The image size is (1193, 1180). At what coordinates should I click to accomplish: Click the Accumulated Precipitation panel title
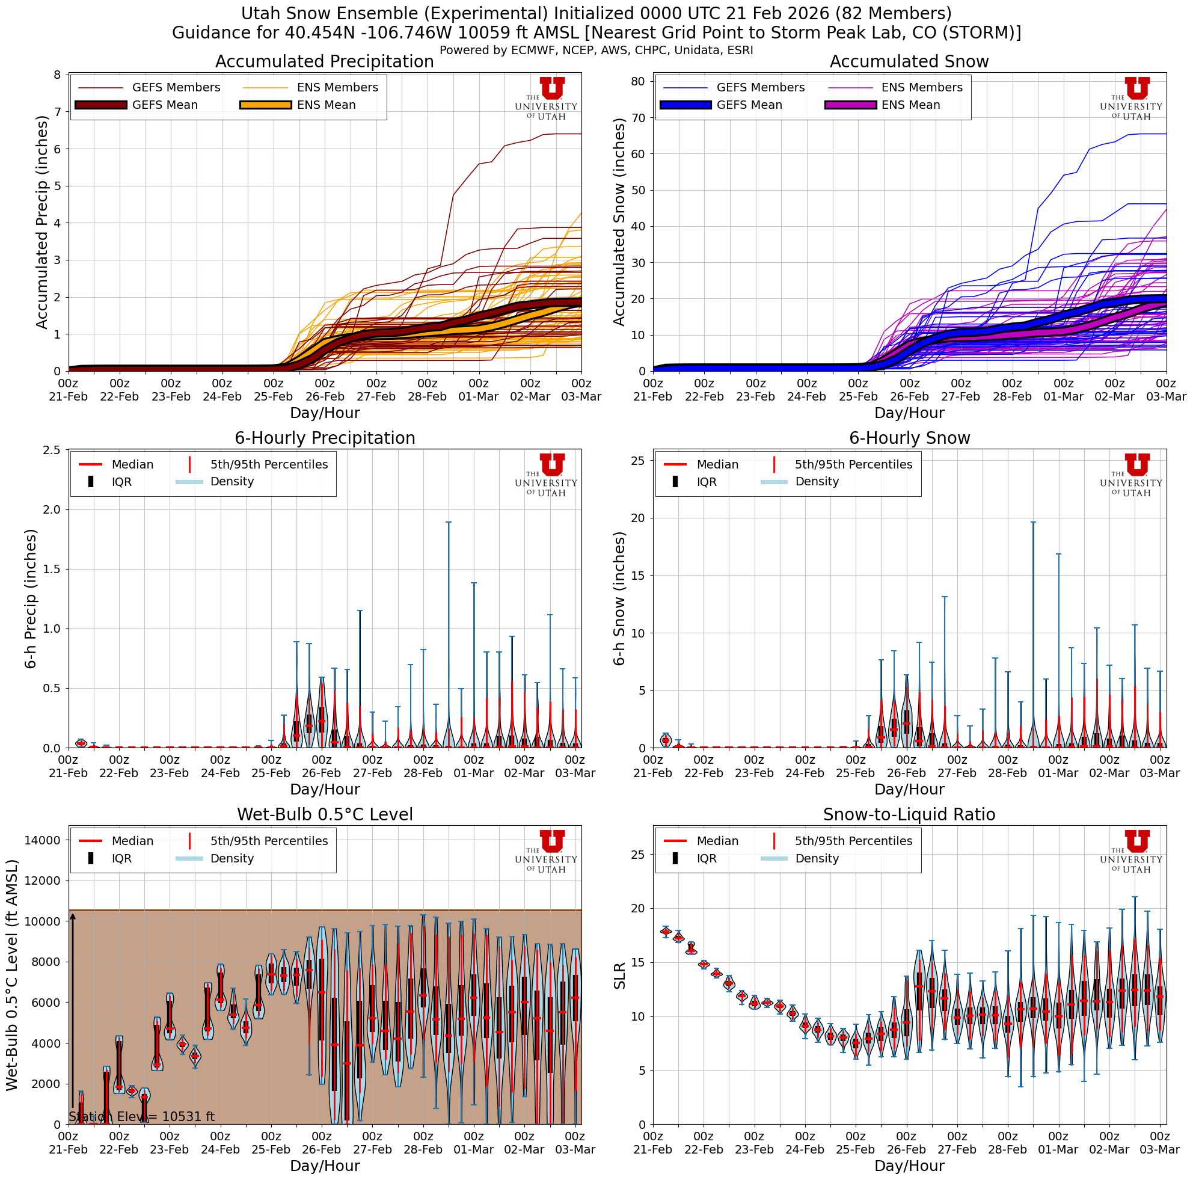pos(324,62)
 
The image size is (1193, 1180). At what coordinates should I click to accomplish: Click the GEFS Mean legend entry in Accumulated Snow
pos(749,105)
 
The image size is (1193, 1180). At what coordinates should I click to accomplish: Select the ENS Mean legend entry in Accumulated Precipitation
pos(326,105)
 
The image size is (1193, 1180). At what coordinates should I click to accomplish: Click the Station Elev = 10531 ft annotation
pos(141,1116)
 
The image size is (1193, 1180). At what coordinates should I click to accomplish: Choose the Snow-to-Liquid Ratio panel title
pos(909,814)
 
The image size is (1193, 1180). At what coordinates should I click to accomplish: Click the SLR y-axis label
pos(620,976)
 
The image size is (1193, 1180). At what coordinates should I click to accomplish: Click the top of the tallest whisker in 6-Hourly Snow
pos(1033,523)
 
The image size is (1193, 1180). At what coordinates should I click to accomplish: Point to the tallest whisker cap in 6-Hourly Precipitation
pos(449,523)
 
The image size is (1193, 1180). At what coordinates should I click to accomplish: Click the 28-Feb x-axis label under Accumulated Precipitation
pos(428,396)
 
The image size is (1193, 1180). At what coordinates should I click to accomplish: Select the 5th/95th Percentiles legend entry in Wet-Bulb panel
pos(269,841)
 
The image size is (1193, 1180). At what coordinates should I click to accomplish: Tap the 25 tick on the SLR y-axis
pos(639,855)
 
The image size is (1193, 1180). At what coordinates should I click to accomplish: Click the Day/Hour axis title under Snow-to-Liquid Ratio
pos(909,1166)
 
